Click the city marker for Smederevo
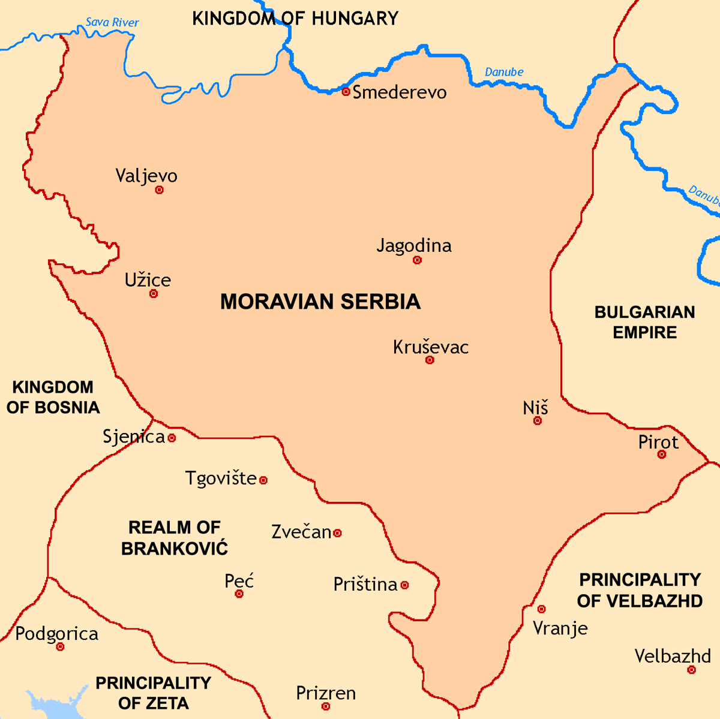coord(346,92)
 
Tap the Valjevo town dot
coord(159,190)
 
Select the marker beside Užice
coord(154,294)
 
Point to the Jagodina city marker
coord(417,260)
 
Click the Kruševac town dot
coord(430,360)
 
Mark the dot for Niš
coord(538,421)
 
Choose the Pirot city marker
coord(661,455)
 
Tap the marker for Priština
coord(405,585)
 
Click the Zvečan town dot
coord(338,533)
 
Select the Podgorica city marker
coord(60,647)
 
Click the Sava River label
coord(112,23)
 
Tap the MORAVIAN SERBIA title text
coord(320,302)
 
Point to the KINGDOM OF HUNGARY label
coord(295,19)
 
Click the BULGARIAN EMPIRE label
coord(644,322)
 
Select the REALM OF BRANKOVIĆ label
coord(175,538)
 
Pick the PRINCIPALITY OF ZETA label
coord(154,693)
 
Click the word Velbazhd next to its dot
coord(673,656)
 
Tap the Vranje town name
coord(560,628)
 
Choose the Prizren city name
coord(326,693)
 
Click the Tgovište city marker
coord(263,480)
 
